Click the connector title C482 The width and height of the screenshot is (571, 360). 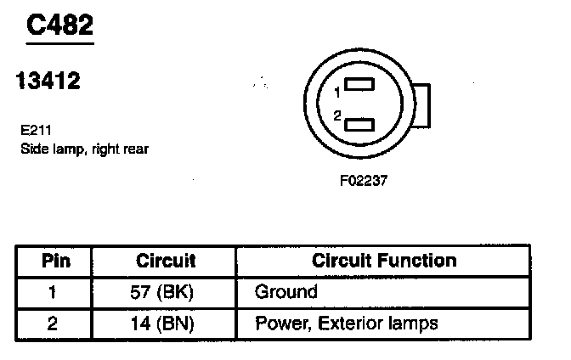click(59, 25)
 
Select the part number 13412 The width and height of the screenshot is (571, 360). click(48, 82)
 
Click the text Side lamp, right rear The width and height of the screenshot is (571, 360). click(84, 149)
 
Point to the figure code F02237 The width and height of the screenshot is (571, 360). click(363, 180)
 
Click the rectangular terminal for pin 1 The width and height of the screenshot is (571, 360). click(361, 85)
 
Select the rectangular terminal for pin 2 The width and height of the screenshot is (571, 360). click(361, 123)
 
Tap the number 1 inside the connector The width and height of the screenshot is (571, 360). click(337, 92)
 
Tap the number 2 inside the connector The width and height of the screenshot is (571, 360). click(337, 115)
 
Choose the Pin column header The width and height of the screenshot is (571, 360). click(56, 261)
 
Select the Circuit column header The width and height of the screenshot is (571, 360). click(166, 261)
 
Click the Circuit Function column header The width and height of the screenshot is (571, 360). click(384, 261)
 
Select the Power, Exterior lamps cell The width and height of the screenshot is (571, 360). click(346, 323)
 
